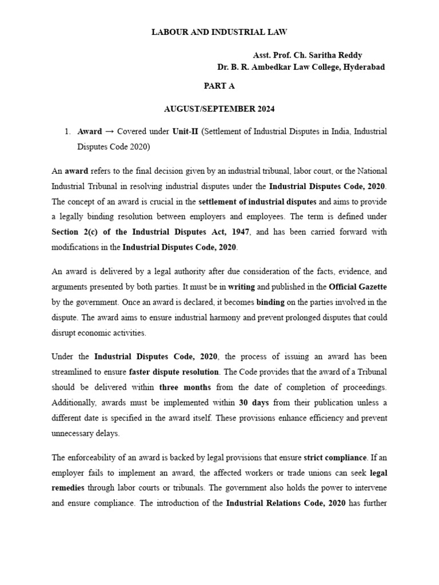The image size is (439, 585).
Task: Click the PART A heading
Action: pos(219,86)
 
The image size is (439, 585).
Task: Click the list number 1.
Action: pos(67,131)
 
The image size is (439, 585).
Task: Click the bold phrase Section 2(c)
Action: pos(75,233)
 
